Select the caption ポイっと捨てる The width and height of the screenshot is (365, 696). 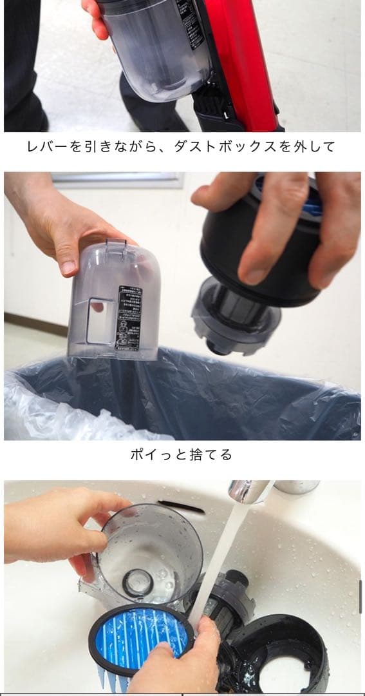[x=181, y=455]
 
